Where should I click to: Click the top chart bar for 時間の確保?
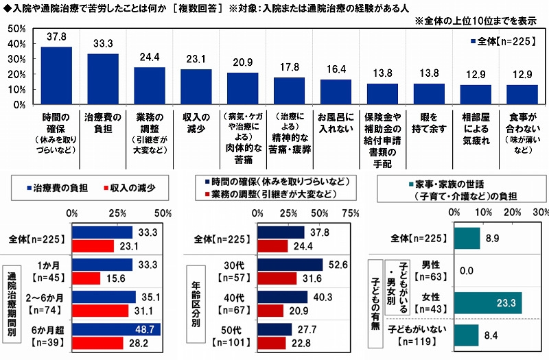click(56, 75)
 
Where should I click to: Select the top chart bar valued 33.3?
click(103, 79)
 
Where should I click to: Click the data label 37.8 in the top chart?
click(56, 39)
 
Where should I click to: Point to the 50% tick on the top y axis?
click(19, 29)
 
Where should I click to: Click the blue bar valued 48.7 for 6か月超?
click(117, 330)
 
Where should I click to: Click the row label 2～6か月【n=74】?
click(42, 304)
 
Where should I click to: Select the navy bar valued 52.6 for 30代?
click(291, 265)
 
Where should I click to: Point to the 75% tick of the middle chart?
click(350, 213)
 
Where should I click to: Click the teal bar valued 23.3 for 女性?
click(489, 302)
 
